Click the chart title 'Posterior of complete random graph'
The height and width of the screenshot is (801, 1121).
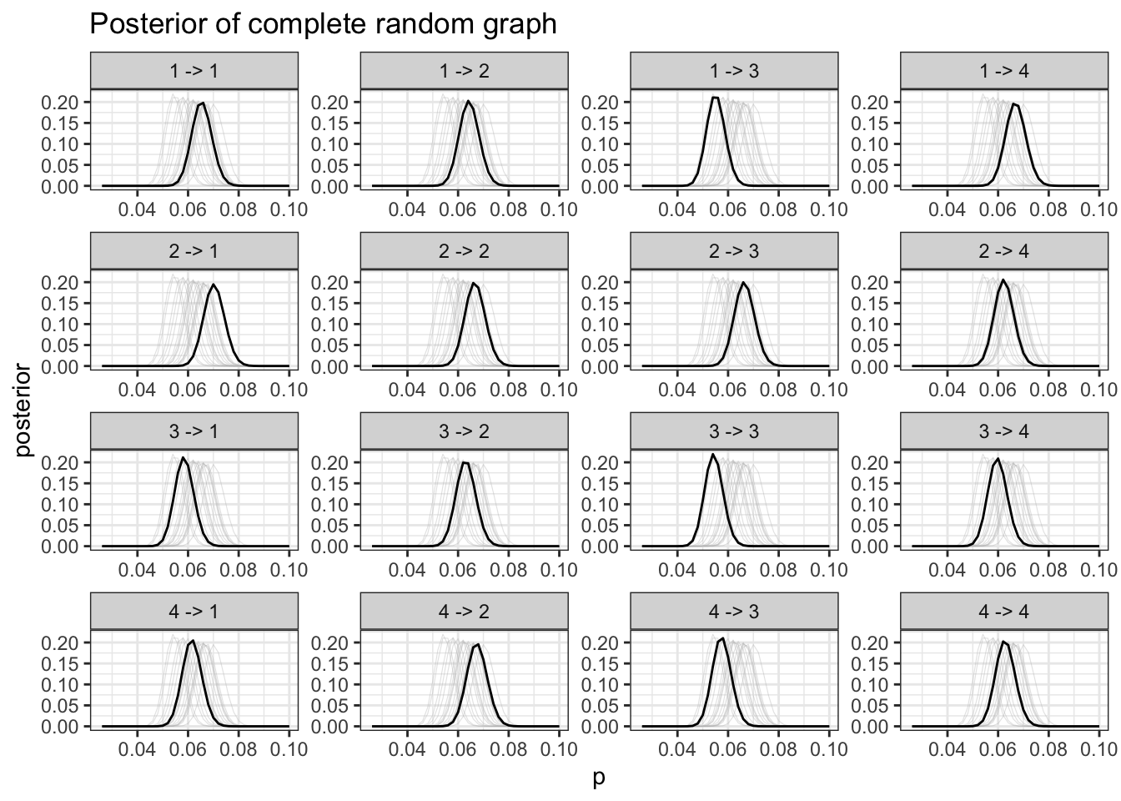[x=323, y=24]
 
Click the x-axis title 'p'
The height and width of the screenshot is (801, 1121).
[x=598, y=779]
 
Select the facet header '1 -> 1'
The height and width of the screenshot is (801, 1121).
[x=194, y=71]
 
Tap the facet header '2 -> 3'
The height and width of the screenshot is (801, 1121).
[x=734, y=251]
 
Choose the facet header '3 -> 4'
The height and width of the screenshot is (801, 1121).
[x=1004, y=431]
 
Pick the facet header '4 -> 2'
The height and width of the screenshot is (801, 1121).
[x=464, y=612]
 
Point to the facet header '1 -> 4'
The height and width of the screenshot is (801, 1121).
[x=1004, y=71]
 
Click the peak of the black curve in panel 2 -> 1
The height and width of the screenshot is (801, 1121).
[x=214, y=285]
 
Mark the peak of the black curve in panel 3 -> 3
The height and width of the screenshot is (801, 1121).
[x=713, y=455]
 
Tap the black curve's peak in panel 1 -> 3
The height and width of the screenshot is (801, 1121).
[x=715, y=98]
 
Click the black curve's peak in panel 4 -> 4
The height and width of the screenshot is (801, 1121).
[x=1003, y=642]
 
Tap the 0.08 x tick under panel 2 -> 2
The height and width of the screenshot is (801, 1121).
[x=509, y=388]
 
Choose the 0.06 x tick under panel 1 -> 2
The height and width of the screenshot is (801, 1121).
[x=458, y=208]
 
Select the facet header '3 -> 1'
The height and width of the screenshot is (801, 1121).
[x=194, y=431]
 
